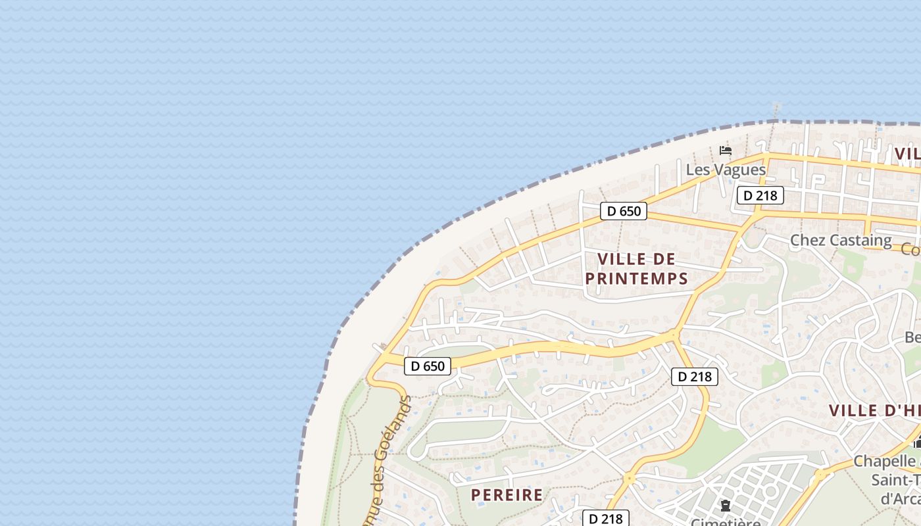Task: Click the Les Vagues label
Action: click(726, 170)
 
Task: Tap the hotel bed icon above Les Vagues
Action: click(726, 151)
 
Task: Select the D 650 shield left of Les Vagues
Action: click(624, 211)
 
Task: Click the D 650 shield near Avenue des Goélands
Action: click(428, 366)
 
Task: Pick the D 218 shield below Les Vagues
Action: click(760, 195)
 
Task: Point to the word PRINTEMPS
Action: click(636, 279)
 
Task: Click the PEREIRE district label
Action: click(507, 495)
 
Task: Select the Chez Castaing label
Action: click(841, 240)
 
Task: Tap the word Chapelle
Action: click(885, 461)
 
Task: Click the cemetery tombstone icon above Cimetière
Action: click(726, 506)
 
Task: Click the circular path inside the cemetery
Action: click(770, 491)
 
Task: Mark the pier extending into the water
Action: click(777, 110)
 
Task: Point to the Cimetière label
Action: click(726, 522)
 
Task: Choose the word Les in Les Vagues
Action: click(697, 170)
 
